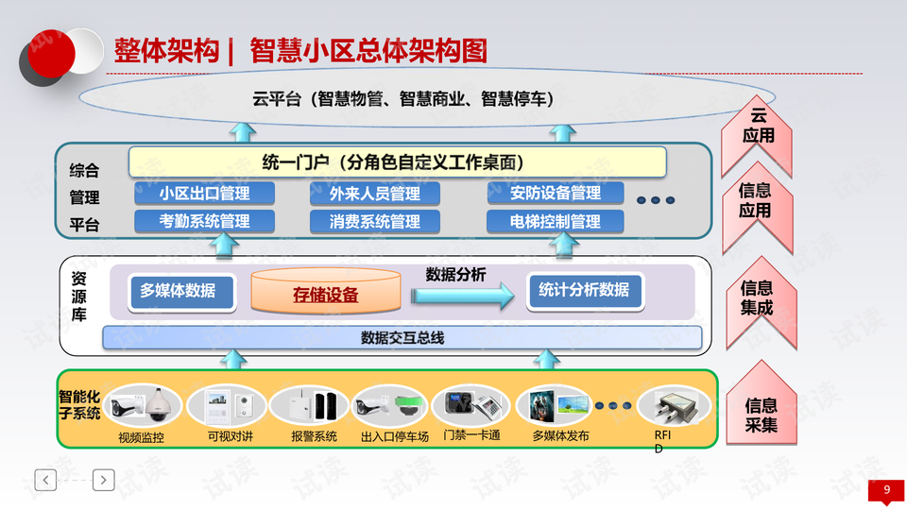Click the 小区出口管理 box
click(204, 194)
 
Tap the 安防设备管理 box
click(556, 193)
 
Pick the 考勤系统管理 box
click(204, 222)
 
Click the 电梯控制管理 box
click(556, 222)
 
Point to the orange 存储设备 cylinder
click(325, 293)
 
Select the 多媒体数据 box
click(178, 291)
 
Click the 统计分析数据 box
click(584, 291)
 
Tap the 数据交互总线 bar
click(402, 337)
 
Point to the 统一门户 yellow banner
click(397, 161)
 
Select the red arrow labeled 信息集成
click(757, 299)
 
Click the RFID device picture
click(672, 407)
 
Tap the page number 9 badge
click(886, 490)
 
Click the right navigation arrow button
click(104, 480)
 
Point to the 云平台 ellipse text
click(402, 99)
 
